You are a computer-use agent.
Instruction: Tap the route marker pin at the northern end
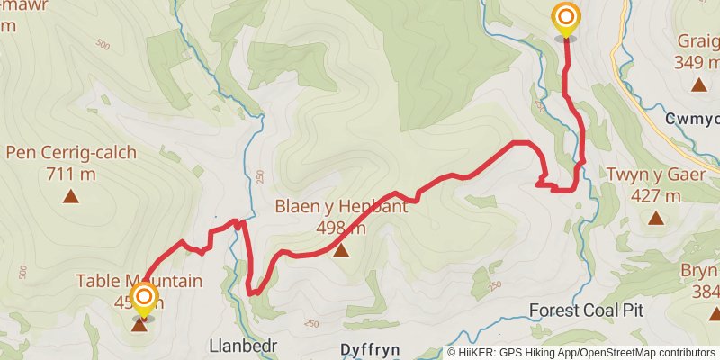pyautogui.click(x=565, y=20)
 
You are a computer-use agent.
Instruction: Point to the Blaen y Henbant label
pyautogui.click(x=341, y=206)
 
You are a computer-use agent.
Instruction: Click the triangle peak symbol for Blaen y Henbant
pyautogui.click(x=341, y=250)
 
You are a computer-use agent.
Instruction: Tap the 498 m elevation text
pyautogui.click(x=341, y=228)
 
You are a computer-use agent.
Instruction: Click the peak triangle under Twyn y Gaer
pyautogui.click(x=656, y=218)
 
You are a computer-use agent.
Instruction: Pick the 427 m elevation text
pyautogui.click(x=656, y=195)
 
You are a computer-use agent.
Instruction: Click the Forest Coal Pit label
pyautogui.click(x=586, y=310)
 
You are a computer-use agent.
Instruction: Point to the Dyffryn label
pyautogui.click(x=370, y=348)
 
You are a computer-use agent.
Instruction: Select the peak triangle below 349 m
pyautogui.click(x=698, y=85)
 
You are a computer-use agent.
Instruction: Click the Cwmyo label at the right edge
pyautogui.click(x=692, y=119)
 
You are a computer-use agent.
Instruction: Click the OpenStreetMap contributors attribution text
pyautogui.click(x=645, y=352)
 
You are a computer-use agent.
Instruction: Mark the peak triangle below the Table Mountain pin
pyautogui.click(x=139, y=325)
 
